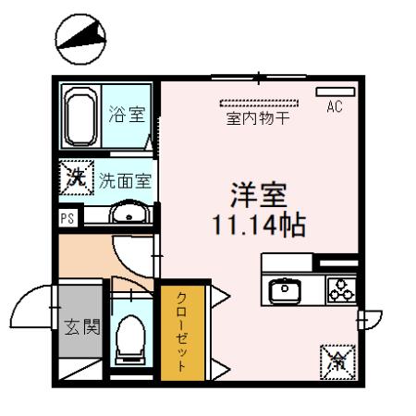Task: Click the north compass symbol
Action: [80, 39]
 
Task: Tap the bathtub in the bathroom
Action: [80, 116]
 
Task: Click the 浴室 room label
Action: [127, 114]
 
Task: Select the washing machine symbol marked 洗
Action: [77, 177]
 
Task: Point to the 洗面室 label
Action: [125, 181]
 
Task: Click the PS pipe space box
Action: [67, 218]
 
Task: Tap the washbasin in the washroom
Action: [130, 213]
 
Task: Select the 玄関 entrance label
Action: [82, 326]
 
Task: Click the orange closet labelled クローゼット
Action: [182, 333]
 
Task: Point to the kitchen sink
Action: [285, 290]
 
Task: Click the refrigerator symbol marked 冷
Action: [337, 362]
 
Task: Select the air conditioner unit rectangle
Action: [336, 92]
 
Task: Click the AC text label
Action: [335, 106]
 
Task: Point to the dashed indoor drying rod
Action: [259, 104]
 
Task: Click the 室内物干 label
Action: [258, 118]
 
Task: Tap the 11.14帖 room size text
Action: [259, 226]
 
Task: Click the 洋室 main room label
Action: [259, 195]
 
